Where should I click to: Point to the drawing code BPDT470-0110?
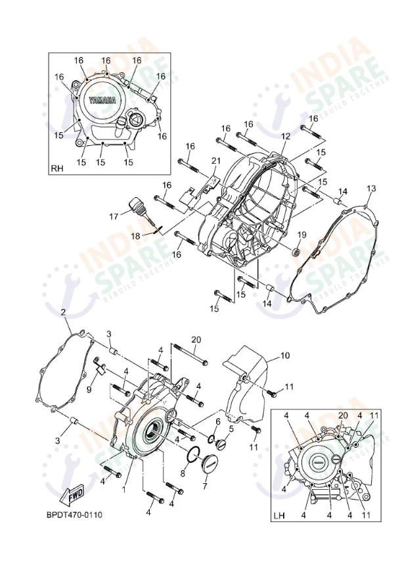click(74, 515)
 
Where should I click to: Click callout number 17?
click(114, 215)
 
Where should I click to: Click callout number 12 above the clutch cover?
click(285, 136)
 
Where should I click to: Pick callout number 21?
click(215, 161)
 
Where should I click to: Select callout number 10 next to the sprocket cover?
click(284, 356)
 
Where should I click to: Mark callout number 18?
click(135, 235)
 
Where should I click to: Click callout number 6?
click(217, 421)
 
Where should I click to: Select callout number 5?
click(231, 428)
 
